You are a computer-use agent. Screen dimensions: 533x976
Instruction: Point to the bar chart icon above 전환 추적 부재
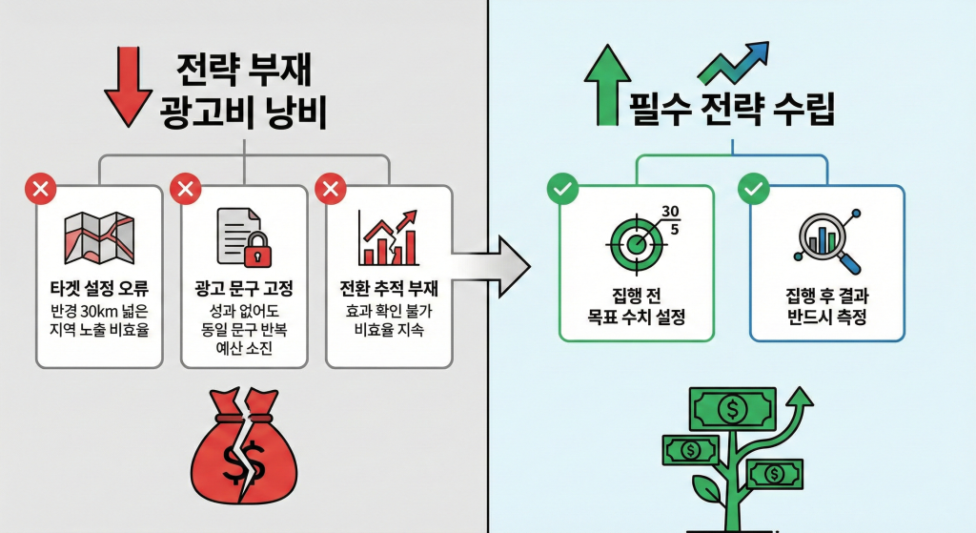click(x=388, y=238)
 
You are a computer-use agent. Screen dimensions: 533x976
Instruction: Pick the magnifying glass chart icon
click(x=825, y=240)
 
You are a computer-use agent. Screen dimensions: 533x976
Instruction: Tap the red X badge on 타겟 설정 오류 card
click(x=40, y=190)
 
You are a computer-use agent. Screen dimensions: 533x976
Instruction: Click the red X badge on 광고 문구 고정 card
click(x=185, y=190)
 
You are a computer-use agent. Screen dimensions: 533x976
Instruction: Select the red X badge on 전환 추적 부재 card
click(x=331, y=190)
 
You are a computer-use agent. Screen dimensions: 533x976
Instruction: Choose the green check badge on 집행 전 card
click(x=561, y=189)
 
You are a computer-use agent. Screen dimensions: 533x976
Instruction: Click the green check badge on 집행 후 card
click(x=754, y=189)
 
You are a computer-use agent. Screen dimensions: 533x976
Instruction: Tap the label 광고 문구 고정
click(x=245, y=288)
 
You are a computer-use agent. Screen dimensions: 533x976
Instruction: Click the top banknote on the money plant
click(x=732, y=408)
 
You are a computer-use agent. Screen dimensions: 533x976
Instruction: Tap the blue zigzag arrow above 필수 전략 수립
click(x=734, y=64)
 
